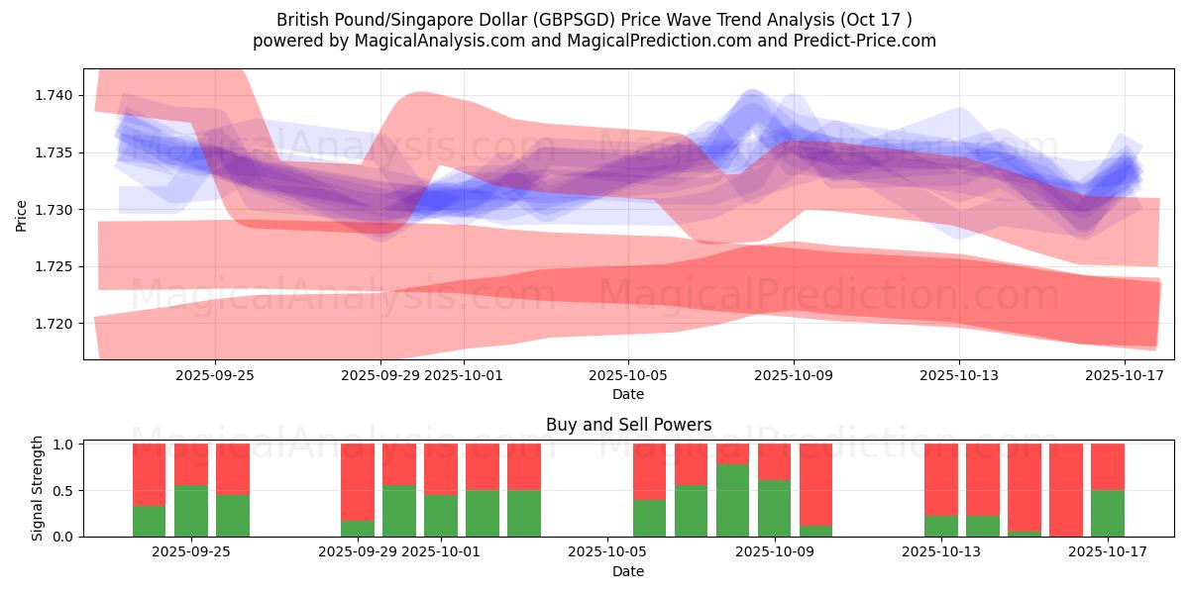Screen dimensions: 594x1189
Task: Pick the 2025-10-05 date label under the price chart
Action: pos(628,375)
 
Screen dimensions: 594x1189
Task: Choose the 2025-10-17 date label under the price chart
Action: pos(1125,375)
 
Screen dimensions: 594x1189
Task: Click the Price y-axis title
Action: pos(22,215)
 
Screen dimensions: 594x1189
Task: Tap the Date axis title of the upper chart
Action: pos(628,394)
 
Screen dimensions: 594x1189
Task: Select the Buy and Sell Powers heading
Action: pos(628,425)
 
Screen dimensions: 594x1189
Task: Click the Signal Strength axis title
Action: pos(38,488)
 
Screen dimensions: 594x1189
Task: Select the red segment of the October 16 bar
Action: pos(1066,489)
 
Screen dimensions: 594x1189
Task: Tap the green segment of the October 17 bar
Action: pos(1108,514)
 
